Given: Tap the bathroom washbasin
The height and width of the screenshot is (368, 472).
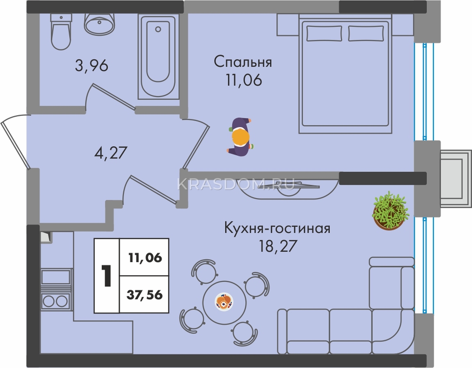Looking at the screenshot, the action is click(x=99, y=23).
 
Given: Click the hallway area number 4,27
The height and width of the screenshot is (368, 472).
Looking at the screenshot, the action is click(x=111, y=153).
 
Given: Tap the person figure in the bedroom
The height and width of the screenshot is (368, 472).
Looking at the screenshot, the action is click(x=240, y=137).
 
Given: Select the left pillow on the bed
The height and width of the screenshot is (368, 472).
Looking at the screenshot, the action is click(x=324, y=33).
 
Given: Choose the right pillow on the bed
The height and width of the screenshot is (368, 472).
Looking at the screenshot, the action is click(x=366, y=33).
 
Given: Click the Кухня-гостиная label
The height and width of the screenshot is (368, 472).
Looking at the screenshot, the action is click(x=277, y=228).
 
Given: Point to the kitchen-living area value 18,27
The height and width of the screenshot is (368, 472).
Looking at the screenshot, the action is click(x=278, y=246).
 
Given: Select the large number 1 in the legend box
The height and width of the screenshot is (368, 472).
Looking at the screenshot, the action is click(x=106, y=276).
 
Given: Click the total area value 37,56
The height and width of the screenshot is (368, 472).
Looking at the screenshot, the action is click(x=145, y=295).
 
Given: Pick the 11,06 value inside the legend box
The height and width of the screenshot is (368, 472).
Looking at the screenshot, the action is click(x=145, y=258).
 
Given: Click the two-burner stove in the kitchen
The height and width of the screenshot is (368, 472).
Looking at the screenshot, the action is click(x=56, y=300).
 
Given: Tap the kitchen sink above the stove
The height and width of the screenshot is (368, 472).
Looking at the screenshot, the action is click(x=56, y=277).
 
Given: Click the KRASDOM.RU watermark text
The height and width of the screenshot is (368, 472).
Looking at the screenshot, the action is click(x=236, y=184).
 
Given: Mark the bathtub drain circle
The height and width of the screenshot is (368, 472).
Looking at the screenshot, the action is click(x=158, y=29).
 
